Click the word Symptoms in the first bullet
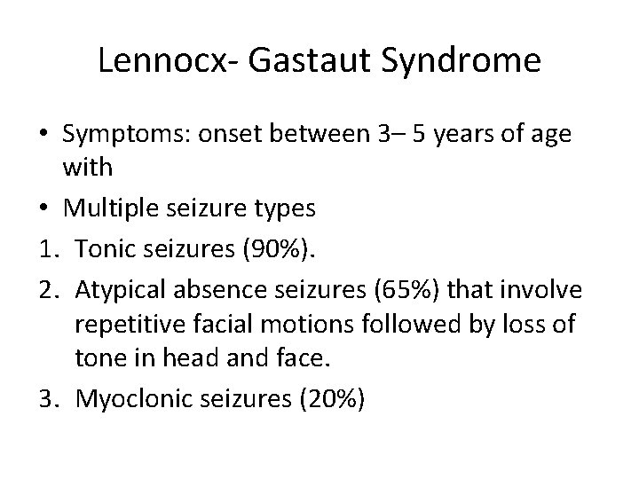pos(122,135)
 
